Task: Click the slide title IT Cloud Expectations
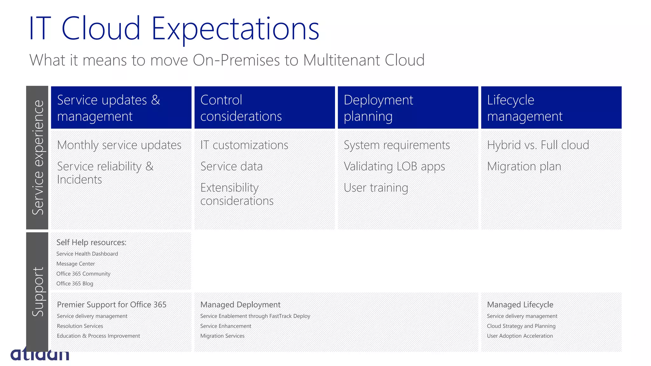174,29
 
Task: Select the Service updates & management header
121,108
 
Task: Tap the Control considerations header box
264,108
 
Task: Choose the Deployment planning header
408,108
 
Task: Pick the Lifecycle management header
551,108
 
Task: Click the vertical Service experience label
38,158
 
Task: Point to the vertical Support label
38,292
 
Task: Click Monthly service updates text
119,145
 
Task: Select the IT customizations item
244,145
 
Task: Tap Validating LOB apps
394,166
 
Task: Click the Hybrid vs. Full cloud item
538,145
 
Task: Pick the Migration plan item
524,166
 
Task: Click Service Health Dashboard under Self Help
87,254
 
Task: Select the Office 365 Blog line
75,283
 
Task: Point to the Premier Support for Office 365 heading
112,305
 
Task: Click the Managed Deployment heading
240,305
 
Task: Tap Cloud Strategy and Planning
521,326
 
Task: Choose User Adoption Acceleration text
520,336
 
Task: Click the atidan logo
40,354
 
